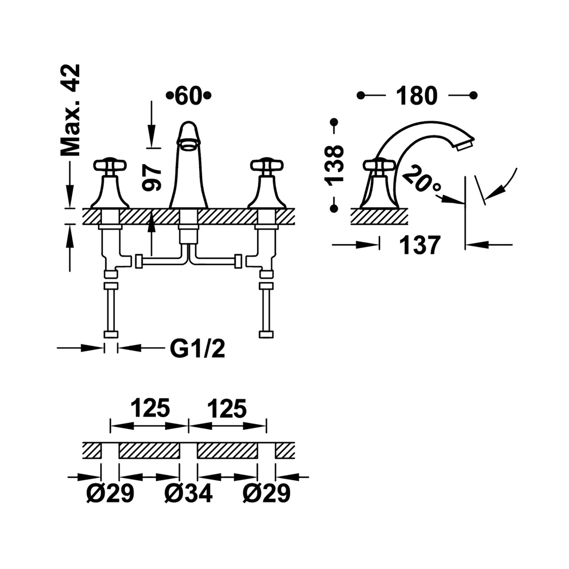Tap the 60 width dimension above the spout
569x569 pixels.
(188, 96)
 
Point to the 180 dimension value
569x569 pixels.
(417, 96)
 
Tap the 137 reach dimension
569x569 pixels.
(420, 245)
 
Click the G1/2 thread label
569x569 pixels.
(197, 349)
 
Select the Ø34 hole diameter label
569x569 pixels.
(188, 493)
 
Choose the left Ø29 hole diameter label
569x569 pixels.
(110, 493)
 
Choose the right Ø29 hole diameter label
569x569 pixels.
(267, 493)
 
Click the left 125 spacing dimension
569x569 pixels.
(150, 408)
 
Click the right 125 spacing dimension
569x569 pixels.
(227, 408)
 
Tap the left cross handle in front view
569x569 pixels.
(110, 166)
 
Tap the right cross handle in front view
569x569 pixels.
(267, 166)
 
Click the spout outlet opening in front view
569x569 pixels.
(188, 146)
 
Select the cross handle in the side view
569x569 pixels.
(379, 166)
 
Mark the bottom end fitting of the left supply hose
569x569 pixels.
(110, 334)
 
